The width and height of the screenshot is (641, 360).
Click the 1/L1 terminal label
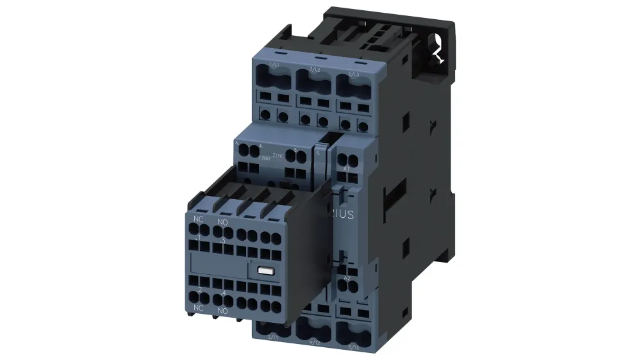274,65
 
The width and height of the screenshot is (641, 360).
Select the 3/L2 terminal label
314,69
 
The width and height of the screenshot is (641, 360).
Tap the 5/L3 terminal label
352,72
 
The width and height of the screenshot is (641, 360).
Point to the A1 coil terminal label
347,168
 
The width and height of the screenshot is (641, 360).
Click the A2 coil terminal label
347,278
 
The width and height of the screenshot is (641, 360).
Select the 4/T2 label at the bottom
315,341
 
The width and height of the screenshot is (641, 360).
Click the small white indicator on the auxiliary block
266,271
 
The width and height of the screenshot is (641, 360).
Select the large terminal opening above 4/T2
313,328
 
